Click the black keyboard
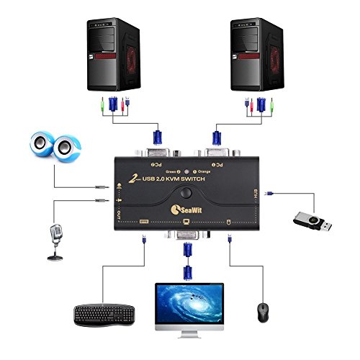tap(105, 314)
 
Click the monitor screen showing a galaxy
tap(189, 302)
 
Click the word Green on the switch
tap(170, 171)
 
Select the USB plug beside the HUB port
tap(269, 193)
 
